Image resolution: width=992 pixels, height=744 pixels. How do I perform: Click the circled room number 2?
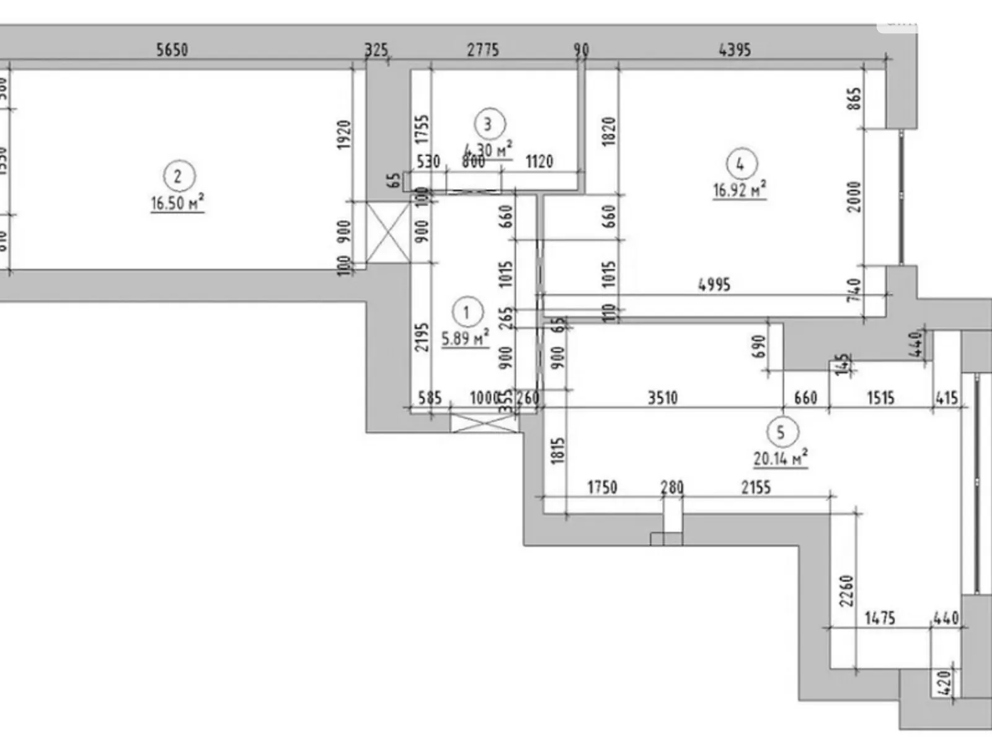178,176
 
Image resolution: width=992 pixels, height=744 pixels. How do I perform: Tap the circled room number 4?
740,164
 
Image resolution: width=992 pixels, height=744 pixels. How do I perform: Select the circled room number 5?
781,432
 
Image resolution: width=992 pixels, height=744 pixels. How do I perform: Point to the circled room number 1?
466,312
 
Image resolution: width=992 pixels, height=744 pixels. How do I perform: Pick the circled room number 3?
489,124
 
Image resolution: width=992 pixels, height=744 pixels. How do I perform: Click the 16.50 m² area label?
177,203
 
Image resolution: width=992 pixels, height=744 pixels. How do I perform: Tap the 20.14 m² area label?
780,459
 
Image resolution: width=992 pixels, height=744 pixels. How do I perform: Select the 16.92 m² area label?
739,189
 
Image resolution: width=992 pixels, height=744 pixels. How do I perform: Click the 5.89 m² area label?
465,339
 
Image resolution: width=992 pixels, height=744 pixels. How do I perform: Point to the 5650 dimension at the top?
172,49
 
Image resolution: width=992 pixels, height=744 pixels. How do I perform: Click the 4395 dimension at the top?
735,49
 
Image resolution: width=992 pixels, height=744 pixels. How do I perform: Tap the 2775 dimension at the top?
482,49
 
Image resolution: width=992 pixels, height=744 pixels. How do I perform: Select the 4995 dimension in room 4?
714,285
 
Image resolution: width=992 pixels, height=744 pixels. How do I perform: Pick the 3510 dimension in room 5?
662,397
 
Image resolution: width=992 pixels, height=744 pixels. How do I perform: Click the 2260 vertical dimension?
846,590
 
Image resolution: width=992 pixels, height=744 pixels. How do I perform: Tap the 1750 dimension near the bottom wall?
602,487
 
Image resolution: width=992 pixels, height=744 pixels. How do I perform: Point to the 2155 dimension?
756,487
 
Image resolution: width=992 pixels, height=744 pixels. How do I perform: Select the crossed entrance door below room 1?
484,424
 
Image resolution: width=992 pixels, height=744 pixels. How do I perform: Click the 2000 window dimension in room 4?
854,197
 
